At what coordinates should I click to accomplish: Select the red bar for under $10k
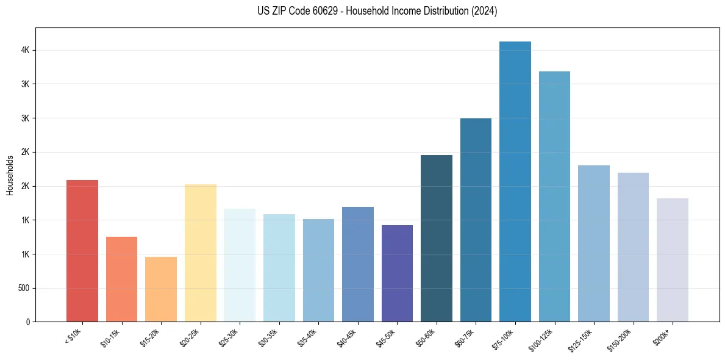[x=82, y=251]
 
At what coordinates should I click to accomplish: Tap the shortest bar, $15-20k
[x=161, y=289]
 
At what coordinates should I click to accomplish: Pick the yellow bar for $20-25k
[x=200, y=253]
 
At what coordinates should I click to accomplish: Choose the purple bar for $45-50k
[x=397, y=273]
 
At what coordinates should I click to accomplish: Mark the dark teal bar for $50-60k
[x=437, y=238]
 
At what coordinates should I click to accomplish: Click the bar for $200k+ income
[x=673, y=260]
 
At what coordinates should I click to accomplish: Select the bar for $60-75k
[x=476, y=220]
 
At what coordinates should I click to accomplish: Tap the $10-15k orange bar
[x=121, y=279]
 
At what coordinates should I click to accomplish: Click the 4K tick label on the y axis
[x=25, y=50]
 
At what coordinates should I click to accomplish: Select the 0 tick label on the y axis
[x=27, y=322]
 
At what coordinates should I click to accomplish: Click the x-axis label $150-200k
[x=620, y=339]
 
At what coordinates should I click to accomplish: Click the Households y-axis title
[x=10, y=175]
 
